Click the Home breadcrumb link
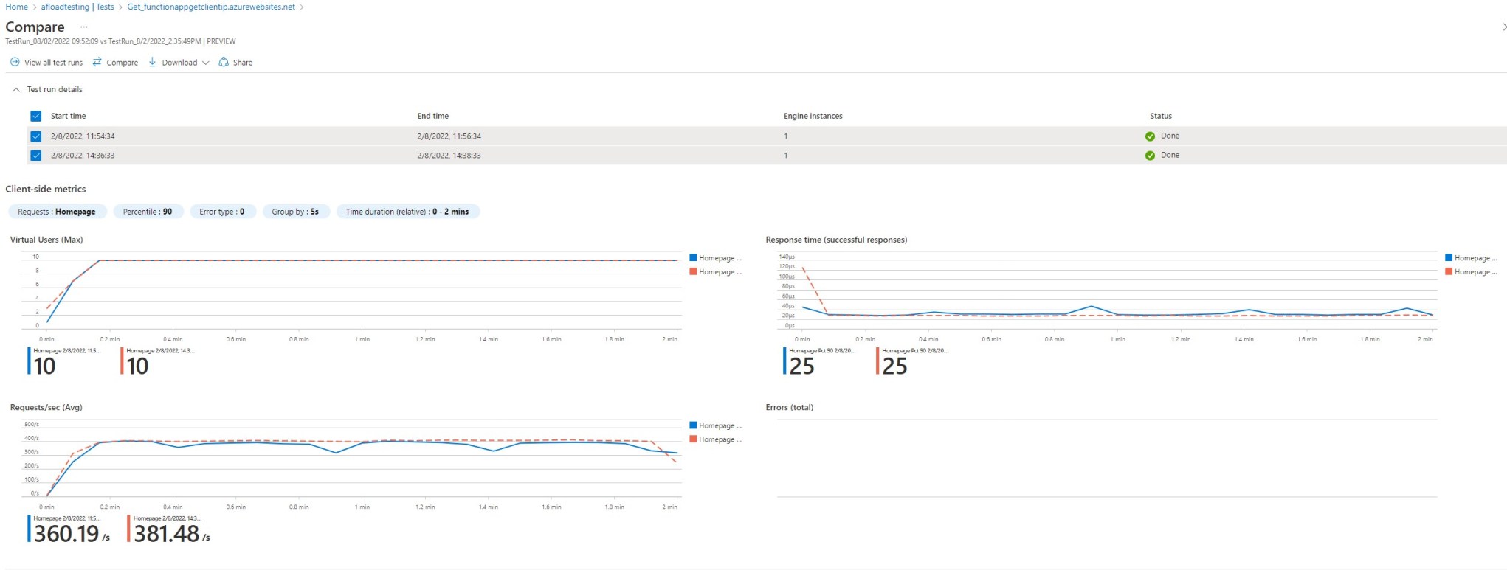tap(16, 7)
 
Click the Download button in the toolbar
tap(179, 63)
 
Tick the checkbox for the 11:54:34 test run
tap(36, 136)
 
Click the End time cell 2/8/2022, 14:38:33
tap(449, 156)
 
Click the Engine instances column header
tap(813, 116)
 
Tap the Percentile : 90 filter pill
tap(148, 212)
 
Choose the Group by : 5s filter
tap(294, 212)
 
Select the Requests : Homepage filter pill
tap(57, 212)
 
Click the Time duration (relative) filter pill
tap(407, 212)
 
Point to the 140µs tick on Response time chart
tap(786, 257)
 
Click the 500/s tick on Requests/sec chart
tap(32, 424)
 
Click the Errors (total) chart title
tap(789, 407)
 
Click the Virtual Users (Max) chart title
tap(46, 240)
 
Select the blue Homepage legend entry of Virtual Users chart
tap(715, 258)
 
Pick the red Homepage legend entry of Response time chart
tap(1471, 272)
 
